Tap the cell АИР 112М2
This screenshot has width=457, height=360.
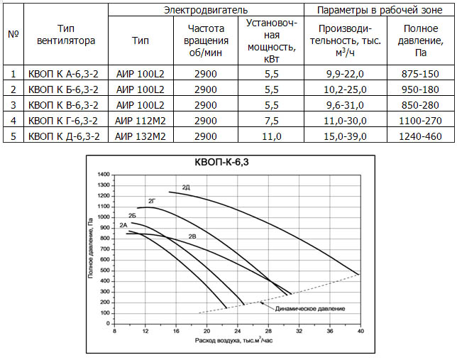tap(140, 121)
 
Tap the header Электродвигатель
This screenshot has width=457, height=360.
tap(206, 11)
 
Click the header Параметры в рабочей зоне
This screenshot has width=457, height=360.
tap(380, 11)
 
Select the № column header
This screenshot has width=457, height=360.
tap(13, 36)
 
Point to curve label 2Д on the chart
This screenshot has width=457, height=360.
tap(186, 187)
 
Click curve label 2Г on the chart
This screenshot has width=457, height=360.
tap(151, 202)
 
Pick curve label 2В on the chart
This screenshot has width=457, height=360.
tap(192, 235)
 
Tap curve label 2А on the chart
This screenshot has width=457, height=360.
tap(123, 225)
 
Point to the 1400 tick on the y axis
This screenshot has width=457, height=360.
tap(104, 175)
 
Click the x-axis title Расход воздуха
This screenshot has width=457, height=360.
tap(234, 342)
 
